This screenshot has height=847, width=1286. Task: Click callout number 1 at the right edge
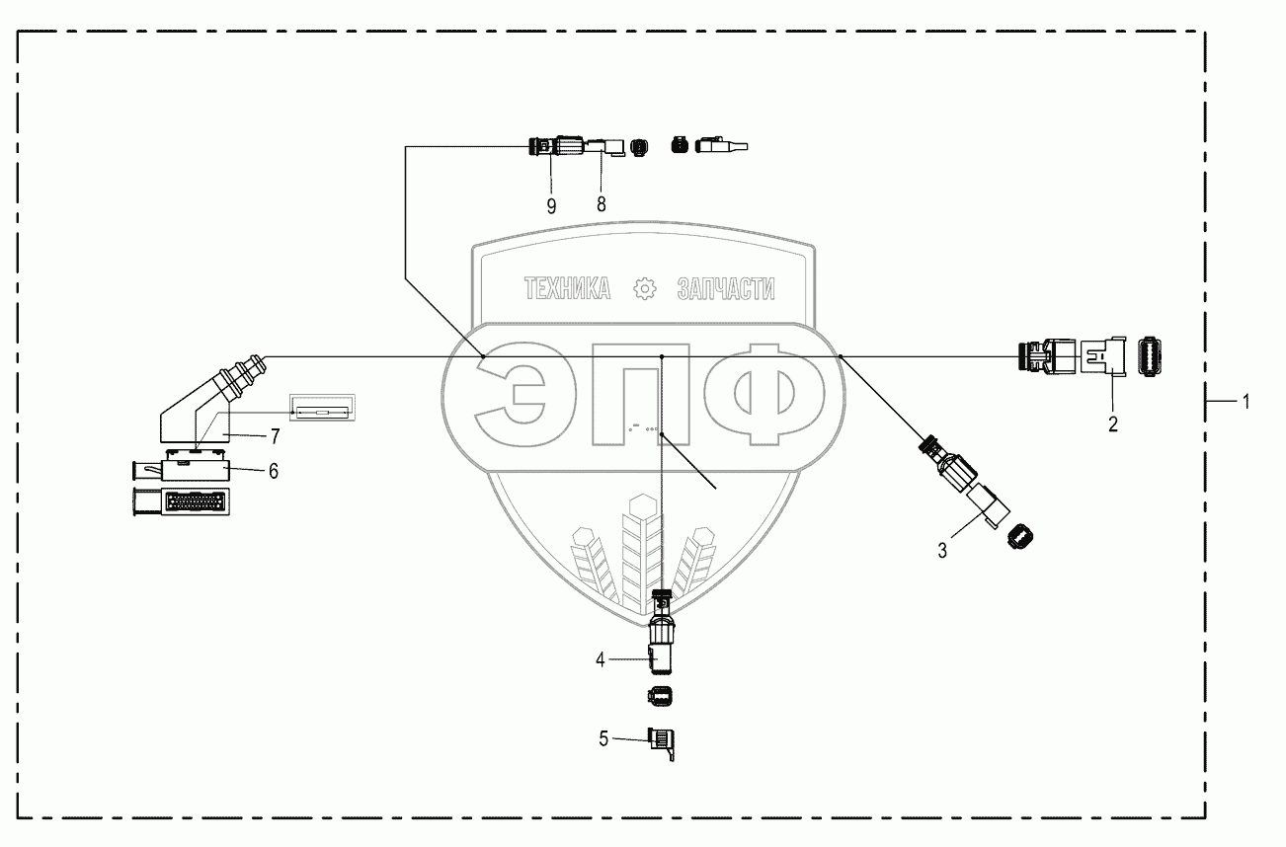(1246, 402)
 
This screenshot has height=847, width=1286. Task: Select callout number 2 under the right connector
(1112, 424)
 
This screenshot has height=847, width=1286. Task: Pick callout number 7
(275, 434)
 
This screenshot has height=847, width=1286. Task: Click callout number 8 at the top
(600, 204)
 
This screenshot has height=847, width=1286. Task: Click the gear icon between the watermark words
(644, 288)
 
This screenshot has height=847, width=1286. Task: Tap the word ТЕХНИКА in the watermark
(567, 288)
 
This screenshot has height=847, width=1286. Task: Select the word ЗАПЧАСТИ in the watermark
(726, 288)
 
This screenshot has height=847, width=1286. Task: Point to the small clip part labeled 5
(661, 740)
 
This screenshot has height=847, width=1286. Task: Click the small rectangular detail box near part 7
(321, 409)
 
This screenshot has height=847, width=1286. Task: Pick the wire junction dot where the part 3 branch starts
(839, 354)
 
